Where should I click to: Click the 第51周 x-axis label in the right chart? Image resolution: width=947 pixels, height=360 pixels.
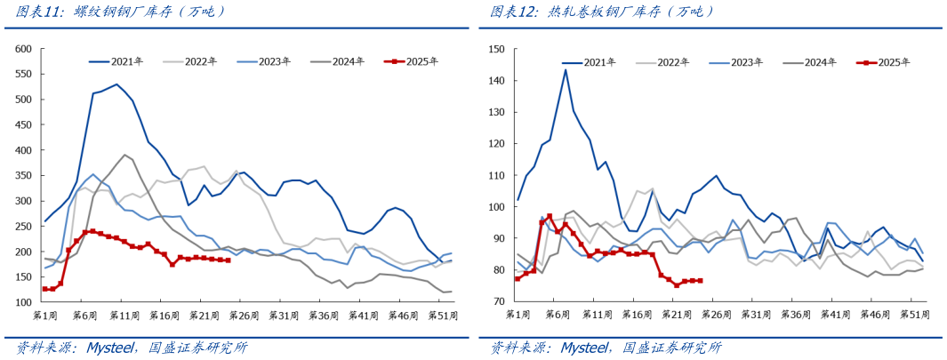[914, 315]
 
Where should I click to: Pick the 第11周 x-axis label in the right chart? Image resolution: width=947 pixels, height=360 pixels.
[593, 315]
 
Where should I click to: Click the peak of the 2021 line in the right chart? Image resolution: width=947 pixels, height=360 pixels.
[566, 69]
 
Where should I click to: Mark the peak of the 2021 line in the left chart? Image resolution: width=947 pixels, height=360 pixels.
[116, 84]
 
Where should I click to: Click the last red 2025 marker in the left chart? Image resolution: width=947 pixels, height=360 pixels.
[229, 260]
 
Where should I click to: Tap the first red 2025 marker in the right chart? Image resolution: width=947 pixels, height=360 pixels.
[518, 278]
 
